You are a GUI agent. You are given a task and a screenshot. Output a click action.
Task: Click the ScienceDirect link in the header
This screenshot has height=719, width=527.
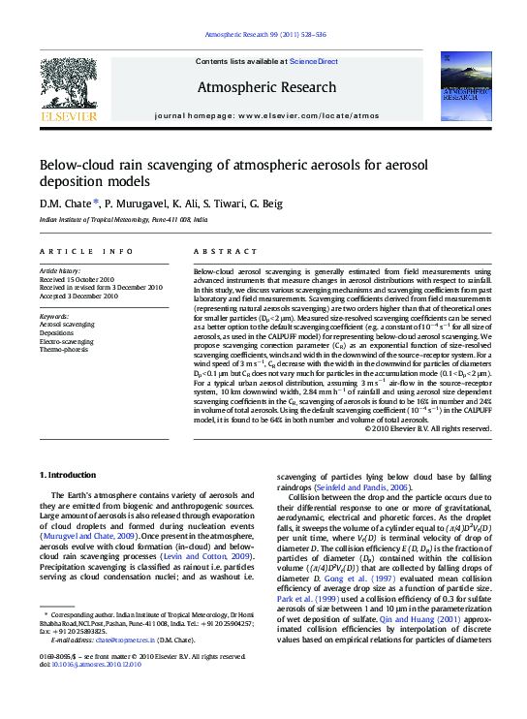(x=313, y=61)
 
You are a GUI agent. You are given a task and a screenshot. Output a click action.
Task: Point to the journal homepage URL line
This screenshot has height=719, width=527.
(x=266, y=114)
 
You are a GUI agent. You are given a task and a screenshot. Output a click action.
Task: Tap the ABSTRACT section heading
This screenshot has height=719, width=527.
(x=218, y=251)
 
